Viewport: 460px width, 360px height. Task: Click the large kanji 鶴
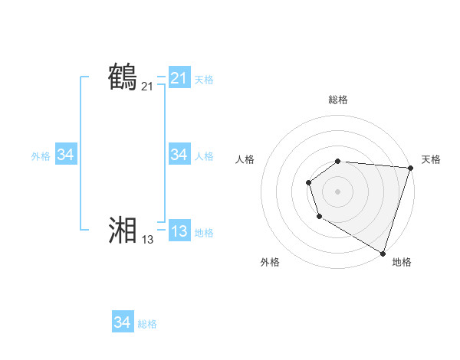(x=123, y=78)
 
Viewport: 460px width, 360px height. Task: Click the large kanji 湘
(x=123, y=231)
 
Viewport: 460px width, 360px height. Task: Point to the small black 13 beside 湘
(x=147, y=240)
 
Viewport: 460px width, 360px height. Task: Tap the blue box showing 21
(x=179, y=78)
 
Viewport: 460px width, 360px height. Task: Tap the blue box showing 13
(x=179, y=231)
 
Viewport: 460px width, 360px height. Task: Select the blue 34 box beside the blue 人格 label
(x=179, y=155)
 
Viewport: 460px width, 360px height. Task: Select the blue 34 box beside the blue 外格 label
(x=65, y=155)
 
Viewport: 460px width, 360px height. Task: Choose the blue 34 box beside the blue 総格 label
(x=122, y=322)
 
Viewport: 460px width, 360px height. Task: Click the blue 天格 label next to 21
(x=204, y=79)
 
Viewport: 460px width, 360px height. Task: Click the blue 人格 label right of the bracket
(x=204, y=155)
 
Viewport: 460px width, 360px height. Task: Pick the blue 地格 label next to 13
(x=204, y=232)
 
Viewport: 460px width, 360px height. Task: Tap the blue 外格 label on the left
(x=41, y=155)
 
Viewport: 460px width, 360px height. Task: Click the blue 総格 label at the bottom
(x=147, y=323)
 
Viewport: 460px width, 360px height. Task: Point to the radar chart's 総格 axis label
(x=338, y=100)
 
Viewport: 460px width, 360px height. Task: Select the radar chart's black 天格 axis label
(x=431, y=159)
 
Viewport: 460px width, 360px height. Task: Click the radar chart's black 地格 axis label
(x=402, y=262)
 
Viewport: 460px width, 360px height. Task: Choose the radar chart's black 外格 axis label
(x=270, y=262)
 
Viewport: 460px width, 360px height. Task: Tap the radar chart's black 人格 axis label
(x=245, y=159)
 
